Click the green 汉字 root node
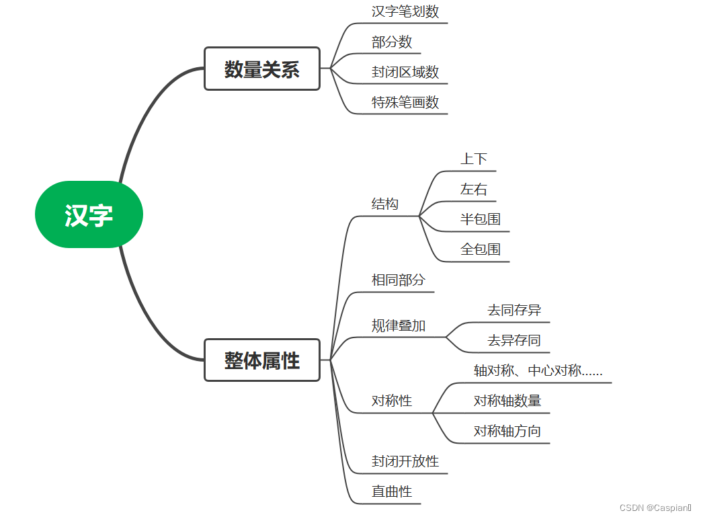(x=89, y=214)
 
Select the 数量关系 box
(x=261, y=69)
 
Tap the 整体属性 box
(x=261, y=360)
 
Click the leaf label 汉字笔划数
(x=405, y=11)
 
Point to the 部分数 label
(x=392, y=42)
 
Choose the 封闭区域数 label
(x=405, y=72)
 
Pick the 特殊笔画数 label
(x=405, y=102)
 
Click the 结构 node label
(x=385, y=204)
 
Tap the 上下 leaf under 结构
(x=474, y=159)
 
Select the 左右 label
(x=474, y=190)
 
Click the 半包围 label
(x=481, y=219)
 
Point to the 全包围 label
(x=481, y=249)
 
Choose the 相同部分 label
(x=399, y=280)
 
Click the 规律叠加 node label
(x=399, y=325)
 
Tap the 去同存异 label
(x=514, y=310)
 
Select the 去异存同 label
(x=514, y=340)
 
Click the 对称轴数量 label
(x=507, y=401)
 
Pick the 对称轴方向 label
(x=507, y=431)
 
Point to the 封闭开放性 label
(x=405, y=461)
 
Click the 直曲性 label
(x=392, y=491)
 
